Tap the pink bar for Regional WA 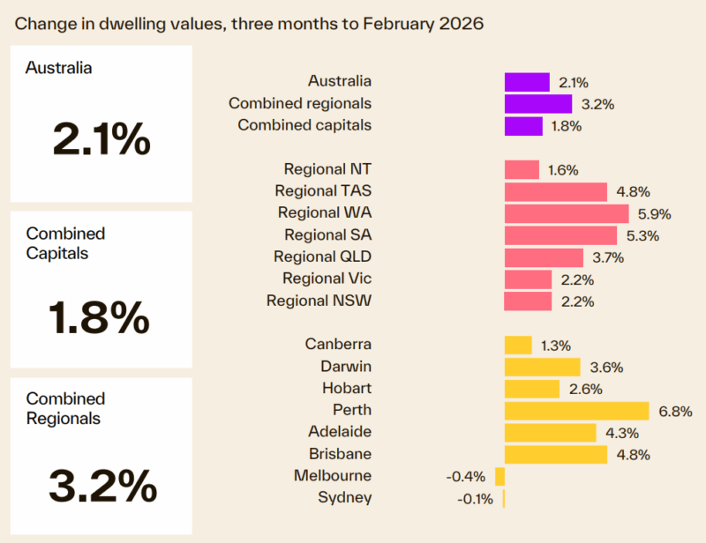point(566,213)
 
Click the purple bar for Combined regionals point(537,104)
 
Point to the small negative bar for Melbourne point(499,477)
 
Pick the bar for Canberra point(517,345)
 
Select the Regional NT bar point(521,170)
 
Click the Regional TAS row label point(323,191)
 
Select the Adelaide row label point(340,432)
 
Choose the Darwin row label point(346,366)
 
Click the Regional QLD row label point(322,257)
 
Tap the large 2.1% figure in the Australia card point(101,139)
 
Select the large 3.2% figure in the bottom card point(103,484)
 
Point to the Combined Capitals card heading point(65,243)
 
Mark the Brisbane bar point(555,455)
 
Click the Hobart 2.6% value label point(587,389)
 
